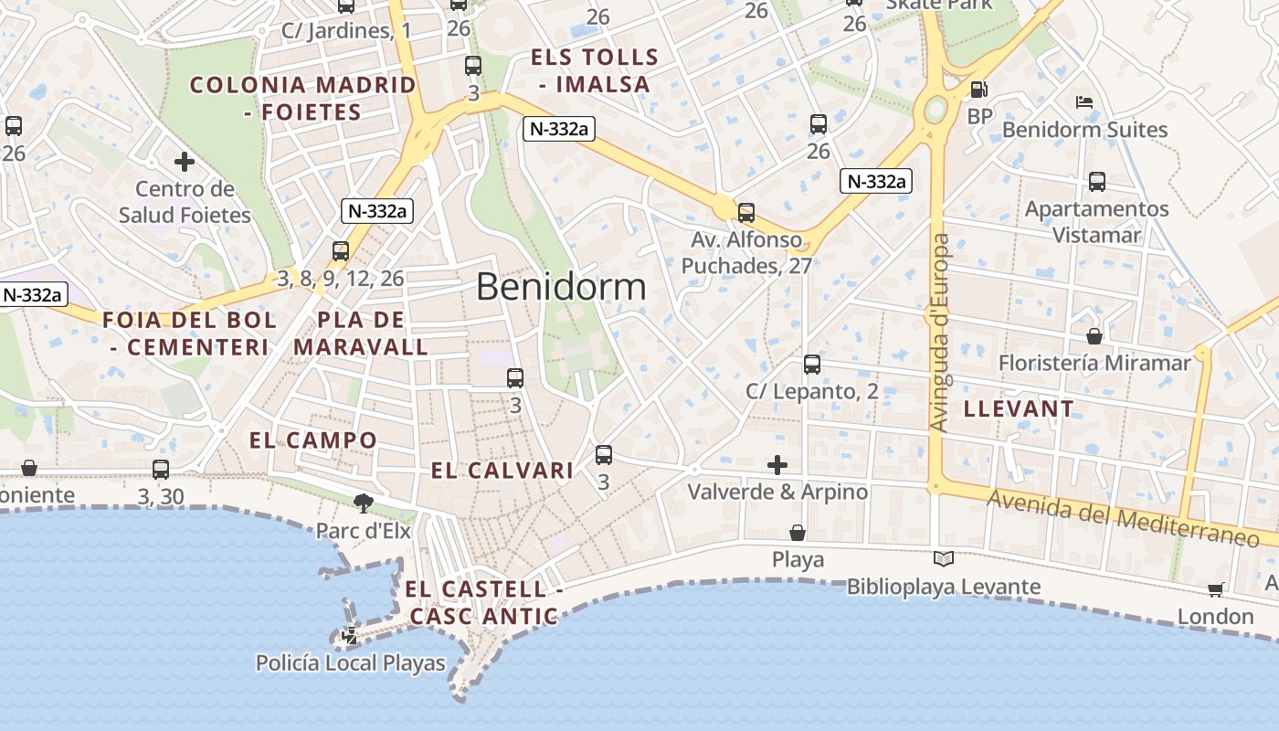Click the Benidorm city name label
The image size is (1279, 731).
click(561, 287)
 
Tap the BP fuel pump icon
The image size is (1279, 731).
click(978, 90)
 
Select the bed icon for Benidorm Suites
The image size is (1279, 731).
click(1084, 101)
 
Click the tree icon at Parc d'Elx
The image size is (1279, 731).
click(364, 503)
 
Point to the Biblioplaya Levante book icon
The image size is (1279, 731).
click(944, 558)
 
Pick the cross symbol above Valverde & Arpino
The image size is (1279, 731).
click(777, 465)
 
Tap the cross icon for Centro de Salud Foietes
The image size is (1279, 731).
click(185, 162)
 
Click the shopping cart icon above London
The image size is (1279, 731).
click(1215, 589)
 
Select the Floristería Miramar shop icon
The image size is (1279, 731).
click(1094, 336)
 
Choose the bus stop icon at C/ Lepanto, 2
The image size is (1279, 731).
click(812, 365)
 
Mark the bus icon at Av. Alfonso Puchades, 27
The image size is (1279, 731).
click(746, 213)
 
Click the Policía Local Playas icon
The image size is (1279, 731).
click(350, 636)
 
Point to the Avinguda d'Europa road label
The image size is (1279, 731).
click(940, 333)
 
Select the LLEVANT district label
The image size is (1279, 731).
click(1020, 408)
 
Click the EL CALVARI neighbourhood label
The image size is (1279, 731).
click(502, 471)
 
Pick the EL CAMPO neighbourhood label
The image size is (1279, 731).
click(313, 440)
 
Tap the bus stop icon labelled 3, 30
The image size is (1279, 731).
click(161, 470)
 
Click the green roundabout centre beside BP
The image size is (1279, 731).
click(935, 111)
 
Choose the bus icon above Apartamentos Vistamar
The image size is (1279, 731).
click(1097, 182)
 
